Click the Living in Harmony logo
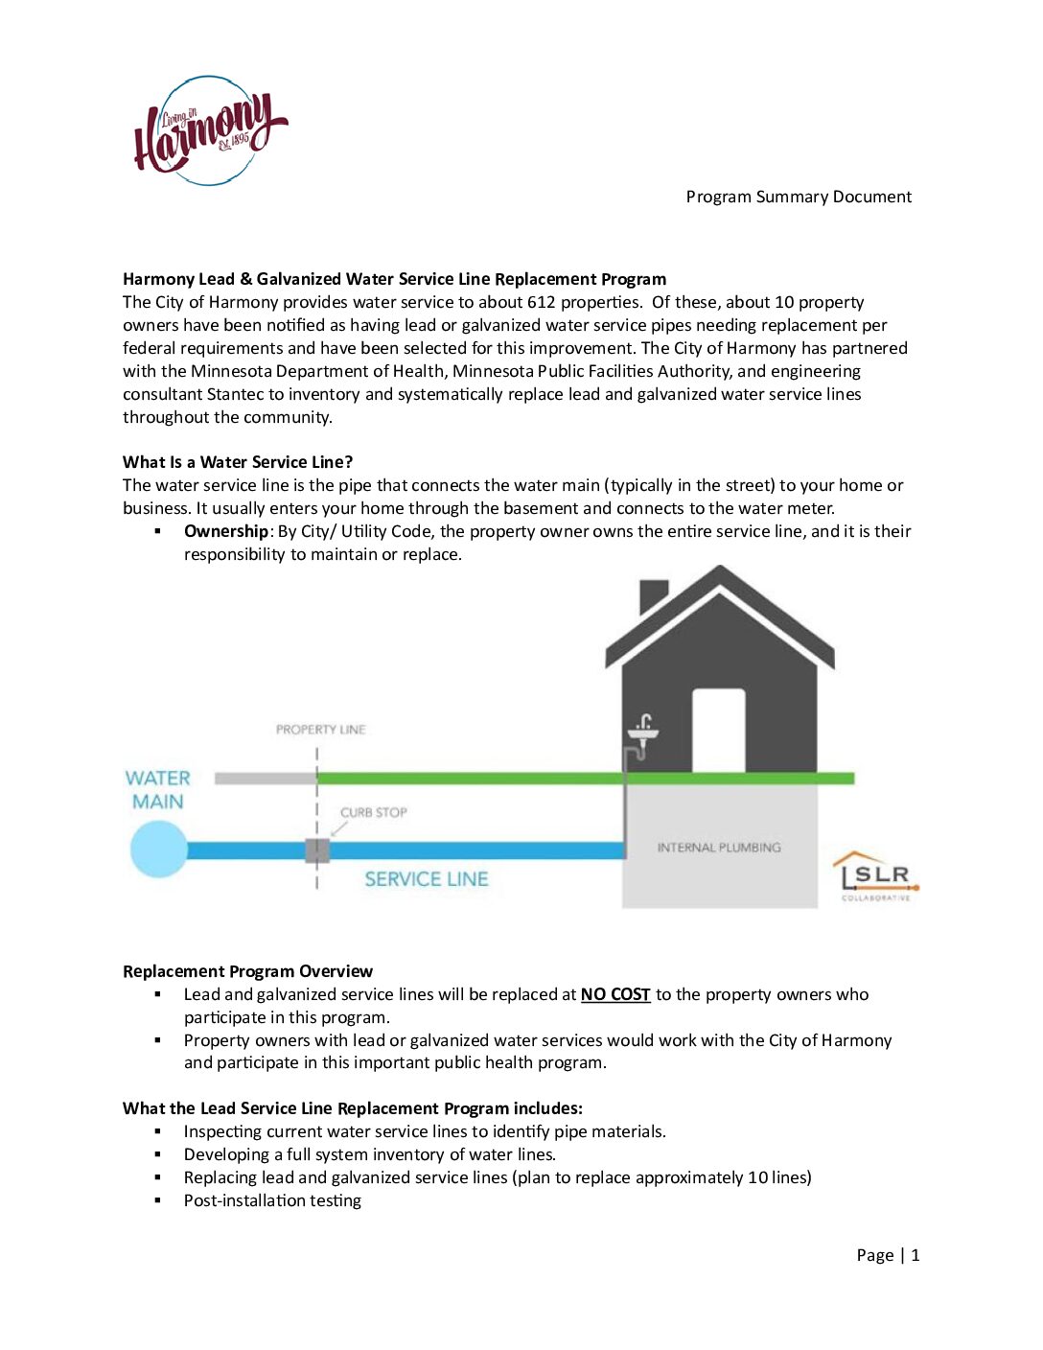coord(210,131)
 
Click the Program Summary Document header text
coord(799,197)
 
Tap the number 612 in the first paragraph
coord(541,302)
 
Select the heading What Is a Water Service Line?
coord(238,462)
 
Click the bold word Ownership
coord(226,531)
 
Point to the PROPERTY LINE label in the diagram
coord(320,730)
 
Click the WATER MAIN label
coord(158,790)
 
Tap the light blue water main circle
coord(159,850)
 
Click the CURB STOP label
coord(373,812)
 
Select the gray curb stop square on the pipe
coord(317,850)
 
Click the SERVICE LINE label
coord(426,879)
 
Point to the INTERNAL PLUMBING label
coord(719,848)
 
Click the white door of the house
coord(719,731)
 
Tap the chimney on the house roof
coord(653,594)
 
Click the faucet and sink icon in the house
coord(643,733)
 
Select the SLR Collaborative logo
coord(876,876)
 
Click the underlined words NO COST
coord(615,994)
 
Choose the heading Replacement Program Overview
coord(247,971)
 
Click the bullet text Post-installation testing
coord(272,1200)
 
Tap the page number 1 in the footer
coord(916,1255)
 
